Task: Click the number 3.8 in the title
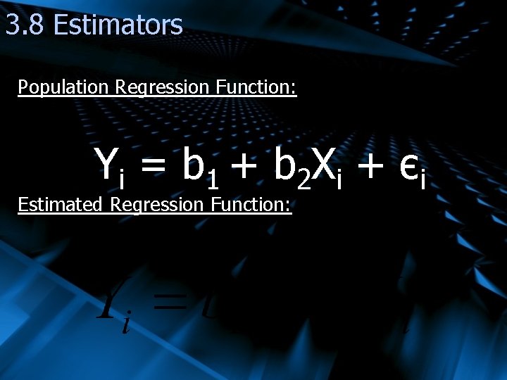26,25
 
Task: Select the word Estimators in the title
118,25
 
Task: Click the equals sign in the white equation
154,167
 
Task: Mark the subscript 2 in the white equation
303,182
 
